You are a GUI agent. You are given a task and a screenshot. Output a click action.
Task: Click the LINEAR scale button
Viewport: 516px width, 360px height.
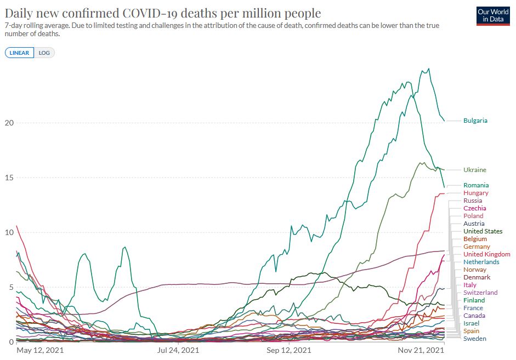tap(20, 53)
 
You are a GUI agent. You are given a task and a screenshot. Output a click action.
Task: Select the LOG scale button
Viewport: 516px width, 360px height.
tap(44, 53)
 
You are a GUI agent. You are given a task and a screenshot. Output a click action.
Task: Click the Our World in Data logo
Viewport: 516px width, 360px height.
tap(493, 15)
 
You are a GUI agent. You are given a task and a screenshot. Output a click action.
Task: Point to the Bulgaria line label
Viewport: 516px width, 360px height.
tap(475, 121)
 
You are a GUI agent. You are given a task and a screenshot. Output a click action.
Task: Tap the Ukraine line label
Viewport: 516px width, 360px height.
tap(474, 170)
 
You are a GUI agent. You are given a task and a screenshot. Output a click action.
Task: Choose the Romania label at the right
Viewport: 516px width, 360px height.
tap(475, 185)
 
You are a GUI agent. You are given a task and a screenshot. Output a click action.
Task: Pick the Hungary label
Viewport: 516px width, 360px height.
tap(475, 193)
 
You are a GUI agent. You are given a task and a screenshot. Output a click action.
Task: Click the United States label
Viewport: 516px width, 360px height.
tap(483, 231)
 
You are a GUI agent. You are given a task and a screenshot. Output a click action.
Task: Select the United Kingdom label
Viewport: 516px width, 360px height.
tap(486, 254)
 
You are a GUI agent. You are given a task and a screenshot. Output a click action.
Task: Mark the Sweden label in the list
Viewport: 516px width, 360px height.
tap(474, 339)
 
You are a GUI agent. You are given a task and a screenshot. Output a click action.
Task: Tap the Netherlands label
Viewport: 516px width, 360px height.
tap(481, 262)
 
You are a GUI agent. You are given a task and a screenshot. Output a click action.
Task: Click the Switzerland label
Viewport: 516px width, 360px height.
tap(480, 293)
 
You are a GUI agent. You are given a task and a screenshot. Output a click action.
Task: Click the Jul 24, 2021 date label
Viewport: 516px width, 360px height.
tap(178, 350)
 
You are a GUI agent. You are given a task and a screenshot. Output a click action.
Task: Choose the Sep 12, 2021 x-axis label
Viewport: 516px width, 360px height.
tap(288, 350)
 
